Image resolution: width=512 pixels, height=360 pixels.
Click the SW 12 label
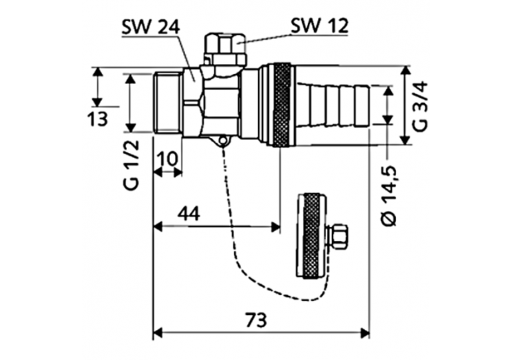pyautogui.click(x=319, y=26)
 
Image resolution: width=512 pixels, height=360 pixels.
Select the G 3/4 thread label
pyautogui.click(x=421, y=105)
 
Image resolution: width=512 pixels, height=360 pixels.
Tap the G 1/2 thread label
pyautogui.click(x=132, y=163)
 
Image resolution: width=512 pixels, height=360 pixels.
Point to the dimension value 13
pyautogui.click(x=98, y=120)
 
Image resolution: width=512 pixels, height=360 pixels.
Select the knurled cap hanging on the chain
pyautogui.click(x=311, y=236)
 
